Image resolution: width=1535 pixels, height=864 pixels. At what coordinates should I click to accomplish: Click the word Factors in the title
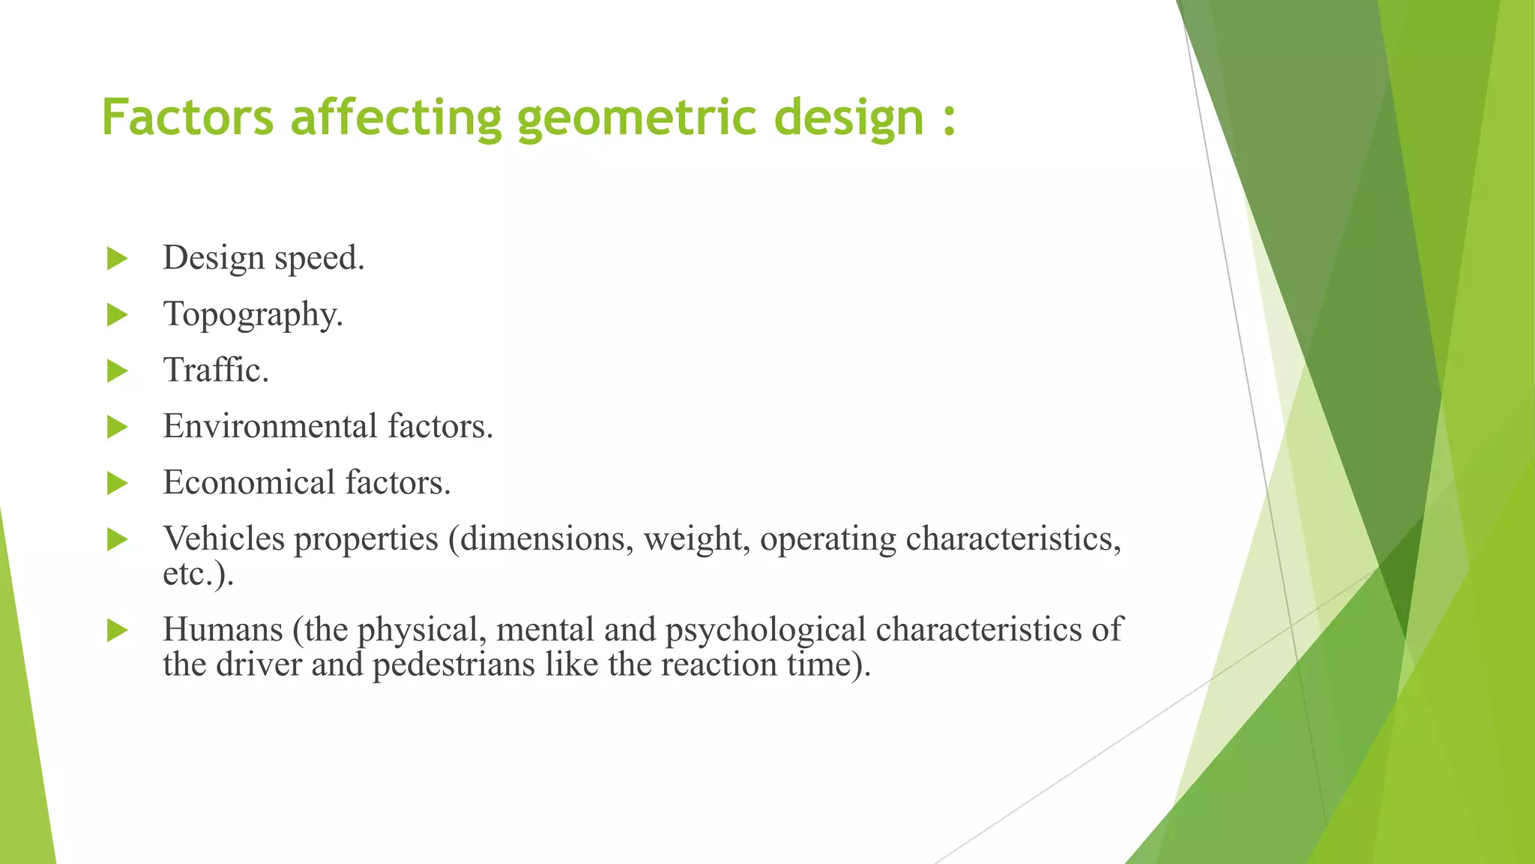click(187, 118)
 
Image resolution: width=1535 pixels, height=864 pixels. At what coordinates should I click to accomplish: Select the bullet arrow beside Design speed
click(117, 259)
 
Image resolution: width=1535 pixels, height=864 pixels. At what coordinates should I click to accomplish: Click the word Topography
click(253, 315)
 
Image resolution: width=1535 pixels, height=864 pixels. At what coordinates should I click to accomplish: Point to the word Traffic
click(216, 370)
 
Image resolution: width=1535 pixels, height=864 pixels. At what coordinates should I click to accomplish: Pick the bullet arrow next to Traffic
click(117, 370)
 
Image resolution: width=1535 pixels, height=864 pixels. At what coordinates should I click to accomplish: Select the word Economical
click(249, 482)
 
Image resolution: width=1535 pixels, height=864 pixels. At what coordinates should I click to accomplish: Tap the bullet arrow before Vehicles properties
click(117, 539)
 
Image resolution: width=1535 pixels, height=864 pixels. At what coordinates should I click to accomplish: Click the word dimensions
click(546, 538)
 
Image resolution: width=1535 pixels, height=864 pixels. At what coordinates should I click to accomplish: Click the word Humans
click(223, 629)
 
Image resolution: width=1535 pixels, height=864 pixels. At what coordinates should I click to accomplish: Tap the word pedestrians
click(453, 665)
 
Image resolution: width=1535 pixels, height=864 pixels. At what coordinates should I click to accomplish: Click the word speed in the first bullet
click(319, 259)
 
